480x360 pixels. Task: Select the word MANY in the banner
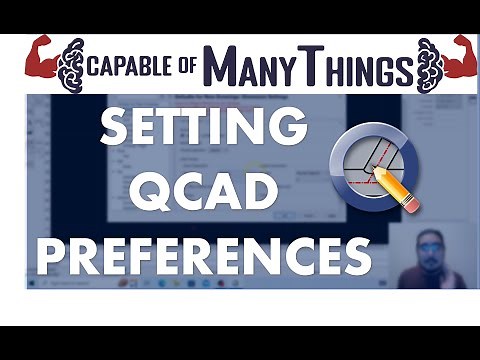[249, 68]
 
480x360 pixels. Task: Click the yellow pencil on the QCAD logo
[397, 187]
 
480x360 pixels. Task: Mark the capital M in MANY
[221, 68]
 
